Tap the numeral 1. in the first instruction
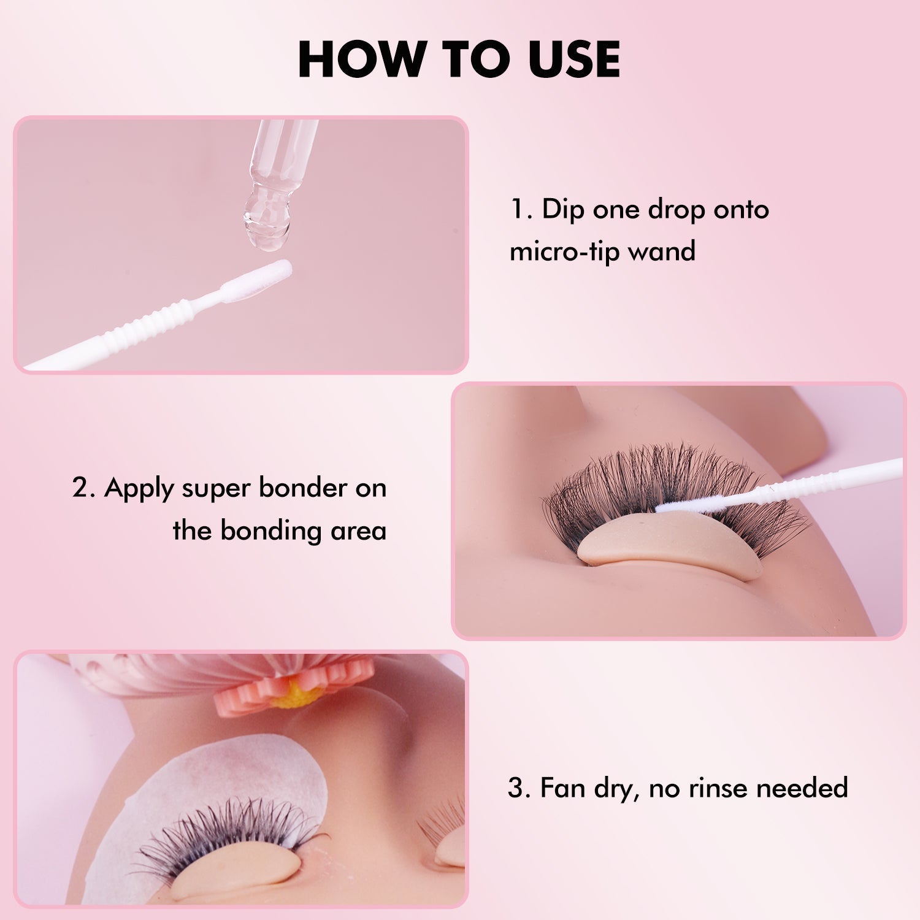(x=521, y=210)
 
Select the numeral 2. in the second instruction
(x=84, y=488)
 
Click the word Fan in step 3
(x=563, y=788)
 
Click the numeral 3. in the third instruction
(x=518, y=788)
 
